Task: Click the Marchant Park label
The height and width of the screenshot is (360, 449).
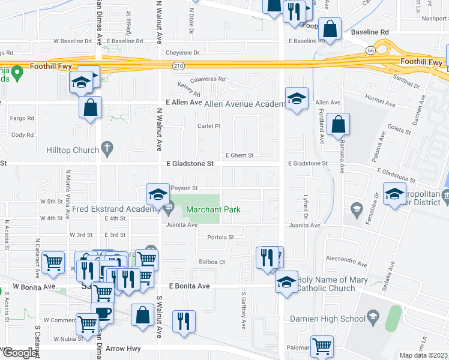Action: click(213, 209)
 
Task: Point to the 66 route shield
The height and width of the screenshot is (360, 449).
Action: click(372, 50)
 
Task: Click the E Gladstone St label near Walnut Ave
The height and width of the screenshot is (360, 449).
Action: click(190, 163)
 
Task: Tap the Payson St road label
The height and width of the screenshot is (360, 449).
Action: click(184, 188)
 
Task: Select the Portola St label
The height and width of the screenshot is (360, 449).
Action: click(220, 237)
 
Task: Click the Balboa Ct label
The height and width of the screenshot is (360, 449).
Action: click(212, 262)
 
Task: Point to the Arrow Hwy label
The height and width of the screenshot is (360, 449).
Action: click(123, 348)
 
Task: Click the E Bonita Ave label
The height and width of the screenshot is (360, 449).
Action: click(189, 286)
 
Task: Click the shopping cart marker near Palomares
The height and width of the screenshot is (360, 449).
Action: click(322, 346)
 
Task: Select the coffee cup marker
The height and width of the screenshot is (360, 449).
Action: click(103, 313)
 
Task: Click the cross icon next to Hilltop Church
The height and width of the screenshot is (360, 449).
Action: click(107, 147)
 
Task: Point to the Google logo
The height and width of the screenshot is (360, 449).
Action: click(20, 353)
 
